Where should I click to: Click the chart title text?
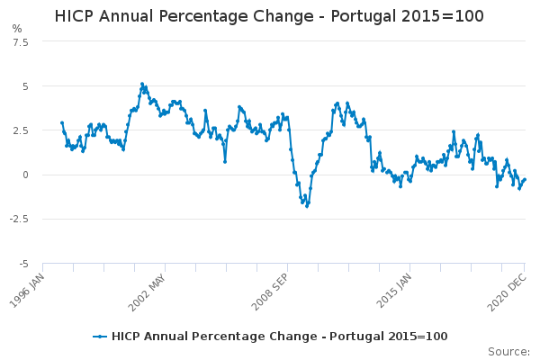(x=269, y=16)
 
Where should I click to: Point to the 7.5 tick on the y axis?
(x=20, y=42)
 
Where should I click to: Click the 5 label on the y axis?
(x=24, y=86)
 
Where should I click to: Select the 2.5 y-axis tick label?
(x=20, y=130)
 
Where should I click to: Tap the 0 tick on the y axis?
(x=24, y=175)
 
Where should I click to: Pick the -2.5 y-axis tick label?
(x=18, y=219)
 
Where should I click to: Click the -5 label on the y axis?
(x=22, y=264)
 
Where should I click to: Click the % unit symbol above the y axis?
(x=17, y=29)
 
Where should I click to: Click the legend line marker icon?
(x=100, y=337)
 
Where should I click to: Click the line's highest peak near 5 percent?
(x=141, y=84)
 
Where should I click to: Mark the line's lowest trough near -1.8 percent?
(x=306, y=206)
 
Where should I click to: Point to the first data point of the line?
(x=61, y=122)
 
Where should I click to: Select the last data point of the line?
(x=524, y=179)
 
